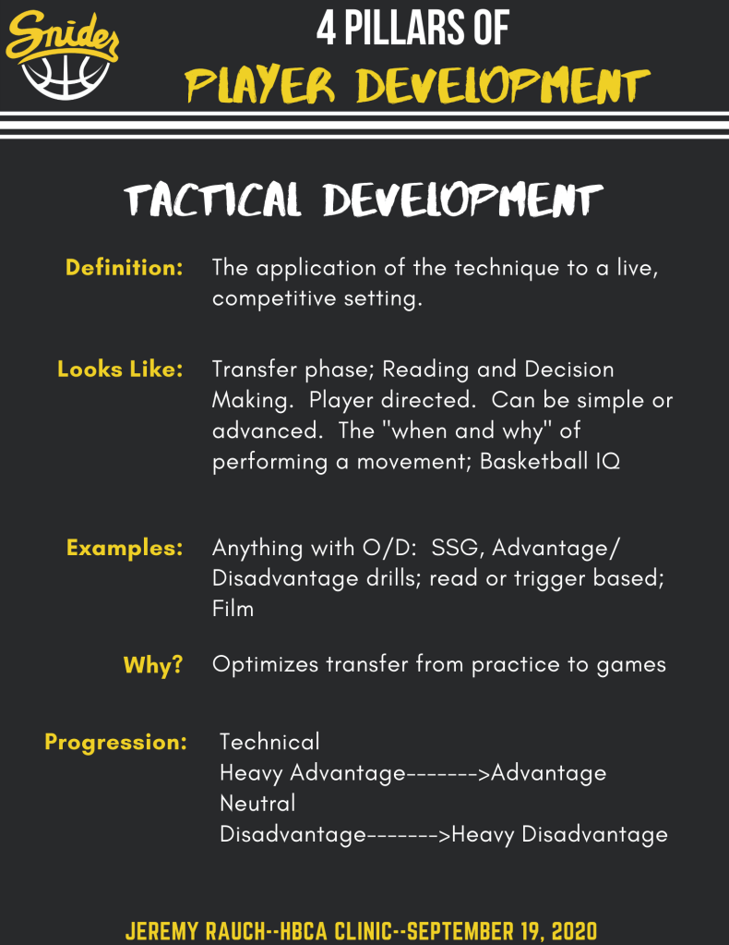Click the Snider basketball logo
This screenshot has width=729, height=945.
click(62, 55)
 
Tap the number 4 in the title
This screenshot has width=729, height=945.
click(326, 29)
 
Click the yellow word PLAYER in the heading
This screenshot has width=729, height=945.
click(260, 85)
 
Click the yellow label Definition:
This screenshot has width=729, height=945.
click(124, 267)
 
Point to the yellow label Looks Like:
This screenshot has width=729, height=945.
click(120, 369)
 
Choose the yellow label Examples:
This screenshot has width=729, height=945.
click(125, 547)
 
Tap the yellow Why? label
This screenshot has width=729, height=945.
click(153, 664)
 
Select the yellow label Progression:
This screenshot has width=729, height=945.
click(115, 742)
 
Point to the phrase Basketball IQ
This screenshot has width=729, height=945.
click(550, 461)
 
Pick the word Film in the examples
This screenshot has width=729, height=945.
click(233, 609)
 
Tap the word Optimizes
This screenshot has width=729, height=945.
click(265, 664)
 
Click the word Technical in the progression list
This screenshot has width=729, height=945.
click(269, 742)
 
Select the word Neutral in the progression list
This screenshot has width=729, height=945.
click(257, 804)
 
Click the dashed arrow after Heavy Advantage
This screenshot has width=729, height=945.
click(448, 773)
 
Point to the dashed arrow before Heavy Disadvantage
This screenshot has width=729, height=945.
click(409, 835)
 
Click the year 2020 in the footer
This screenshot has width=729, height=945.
click(574, 931)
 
